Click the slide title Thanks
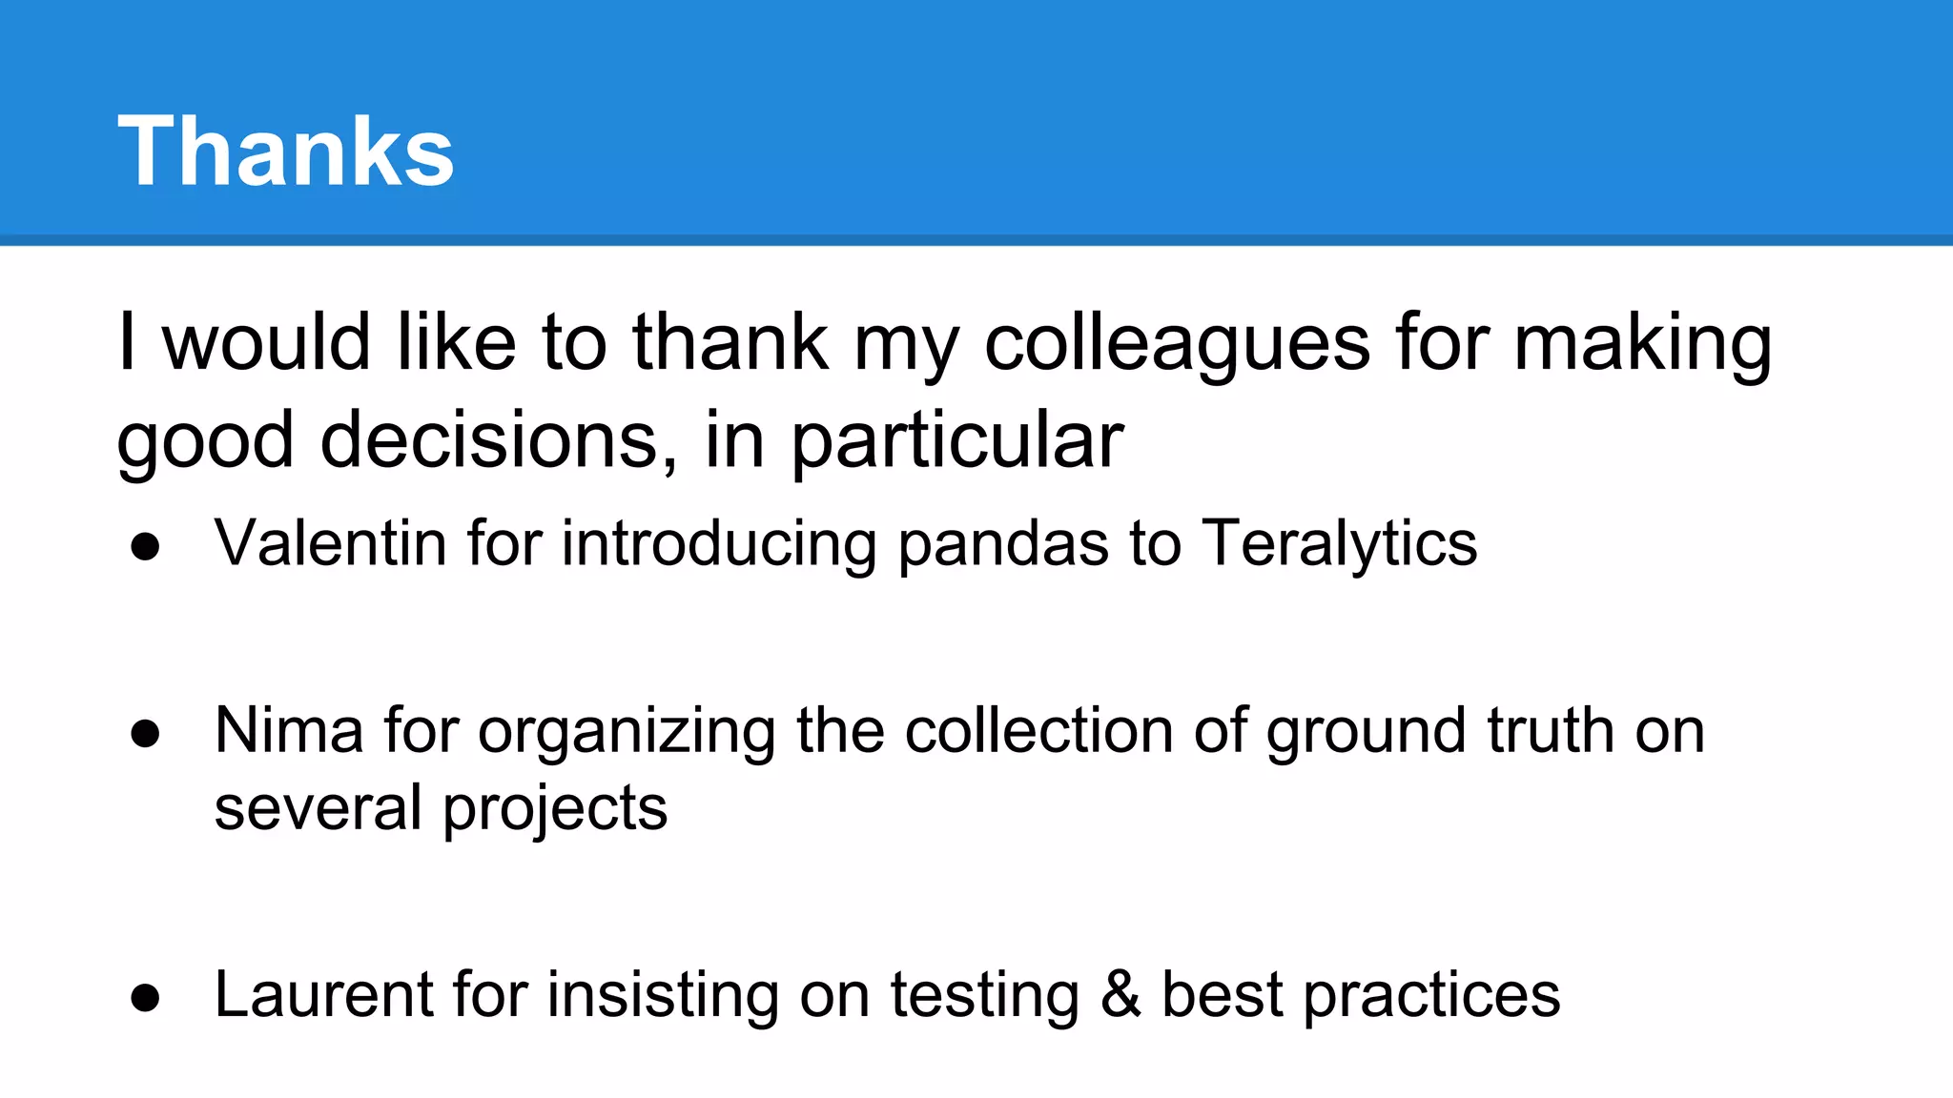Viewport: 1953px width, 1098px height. click(x=285, y=151)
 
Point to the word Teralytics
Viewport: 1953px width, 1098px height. click(x=1339, y=544)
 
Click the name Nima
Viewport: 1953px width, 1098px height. click(x=289, y=731)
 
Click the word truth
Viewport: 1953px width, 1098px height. click(x=1551, y=731)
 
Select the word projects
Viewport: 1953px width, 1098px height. click(x=555, y=809)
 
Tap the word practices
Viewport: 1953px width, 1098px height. click(x=1431, y=996)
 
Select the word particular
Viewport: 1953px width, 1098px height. click(x=957, y=442)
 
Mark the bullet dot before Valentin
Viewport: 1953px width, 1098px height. click(x=145, y=547)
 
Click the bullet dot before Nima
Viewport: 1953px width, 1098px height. click(x=145, y=734)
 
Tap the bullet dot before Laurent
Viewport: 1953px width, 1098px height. click(x=145, y=997)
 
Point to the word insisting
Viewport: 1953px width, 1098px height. click(x=662, y=996)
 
